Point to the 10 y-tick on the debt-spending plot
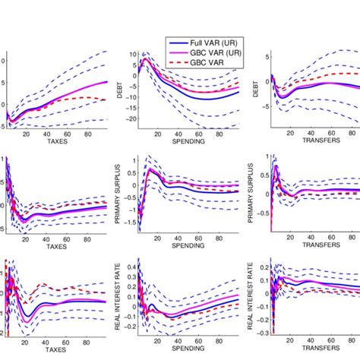(130, 55)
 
